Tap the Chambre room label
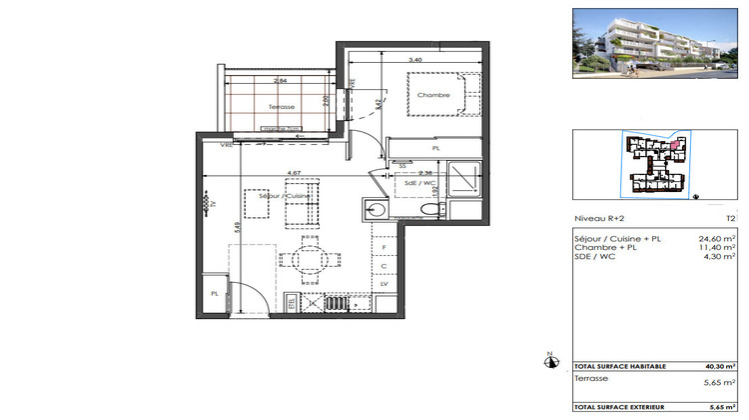click(433, 96)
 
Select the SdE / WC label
click(420, 183)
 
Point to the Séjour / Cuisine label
click(286, 196)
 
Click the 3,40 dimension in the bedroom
click(414, 59)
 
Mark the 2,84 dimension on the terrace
click(282, 79)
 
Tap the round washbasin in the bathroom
click(375, 209)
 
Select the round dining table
click(308, 261)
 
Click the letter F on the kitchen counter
click(384, 246)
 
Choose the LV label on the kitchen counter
click(384, 285)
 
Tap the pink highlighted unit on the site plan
click(676, 146)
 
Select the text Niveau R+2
click(595, 218)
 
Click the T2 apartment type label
click(730, 218)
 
